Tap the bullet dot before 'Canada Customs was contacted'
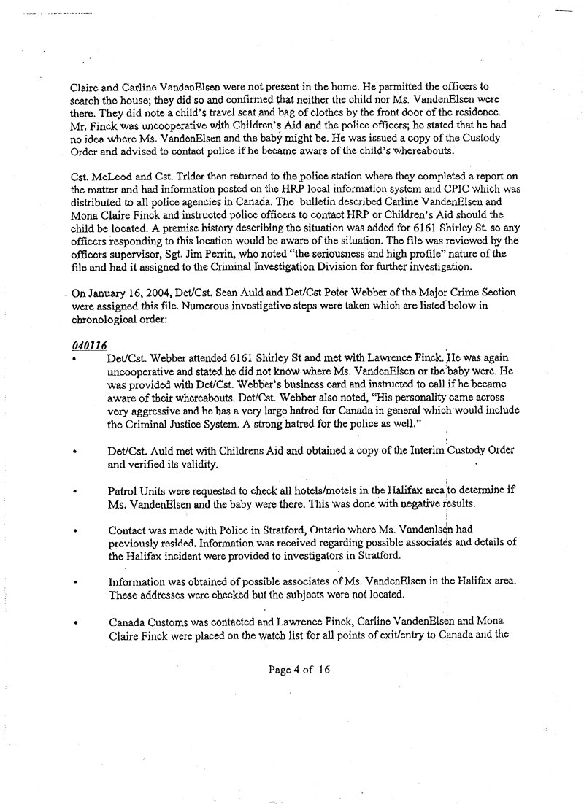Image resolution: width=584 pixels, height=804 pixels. [74, 625]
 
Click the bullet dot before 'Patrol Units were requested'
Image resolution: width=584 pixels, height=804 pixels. [74, 493]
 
